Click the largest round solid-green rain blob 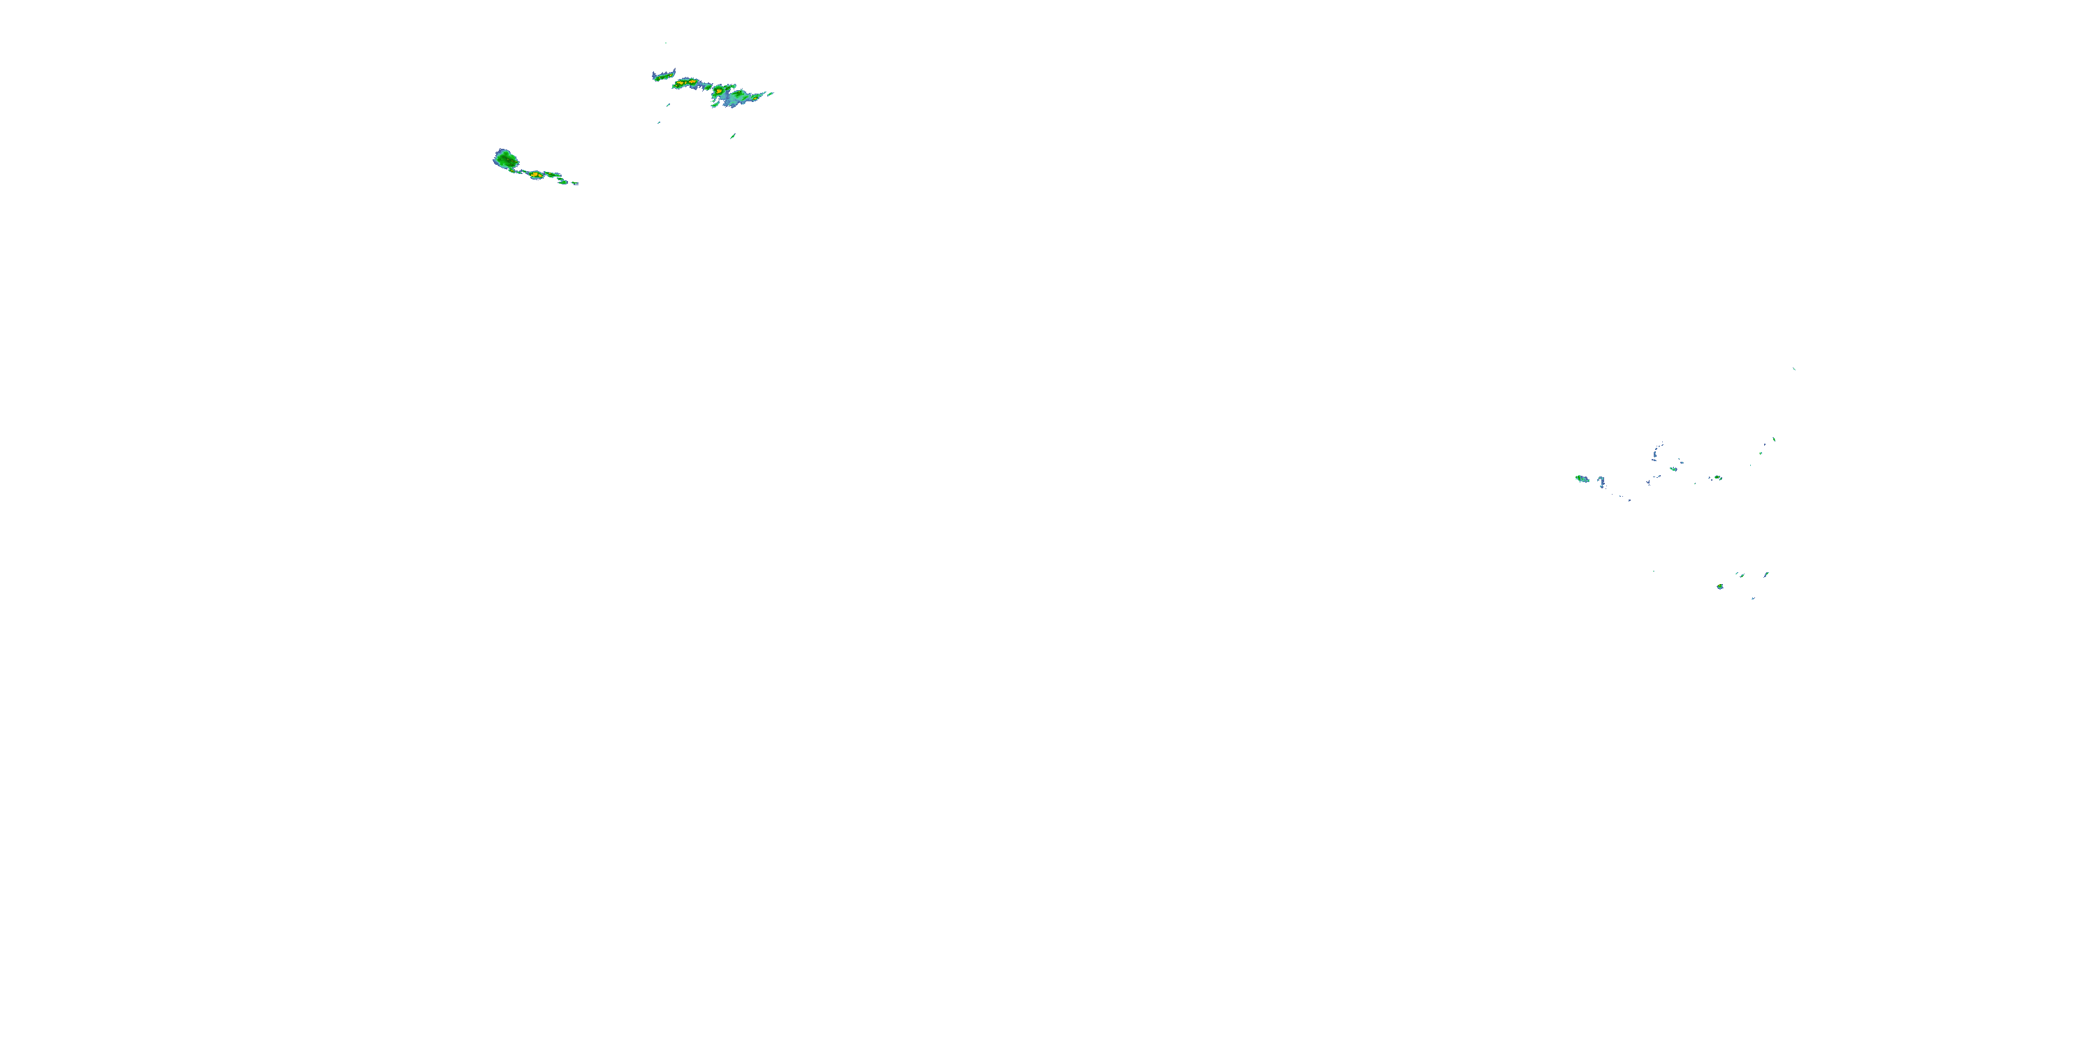coord(506,159)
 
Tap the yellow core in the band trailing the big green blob coord(536,175)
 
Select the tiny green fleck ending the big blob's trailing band coord(576,184)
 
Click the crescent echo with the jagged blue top coord(664,75)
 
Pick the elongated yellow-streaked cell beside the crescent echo coord(686,83)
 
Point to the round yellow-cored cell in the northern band coord(720,90)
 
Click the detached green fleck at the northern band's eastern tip coord(770,94)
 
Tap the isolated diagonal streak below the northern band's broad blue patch coord(732,136)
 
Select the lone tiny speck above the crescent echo coord(666,43)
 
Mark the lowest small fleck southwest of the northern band coord(659,123)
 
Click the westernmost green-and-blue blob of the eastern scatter coord(1582,479)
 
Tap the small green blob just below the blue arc coord(1673,469)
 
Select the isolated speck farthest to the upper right coord(1794,369)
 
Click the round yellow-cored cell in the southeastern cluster coord(1719,587)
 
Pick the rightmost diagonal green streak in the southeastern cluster coord(1766,574)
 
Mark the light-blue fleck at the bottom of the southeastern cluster coord(1753,598)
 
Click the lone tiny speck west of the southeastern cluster coord(1653,570)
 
